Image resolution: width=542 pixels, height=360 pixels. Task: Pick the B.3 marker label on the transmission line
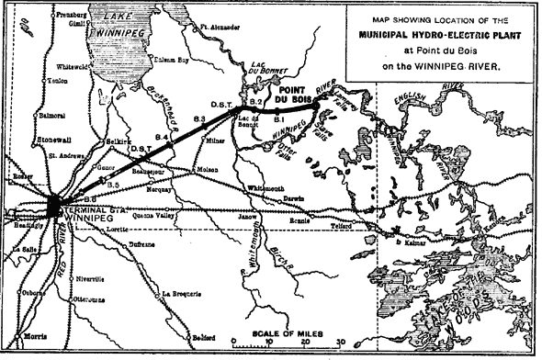pos(199,120)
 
